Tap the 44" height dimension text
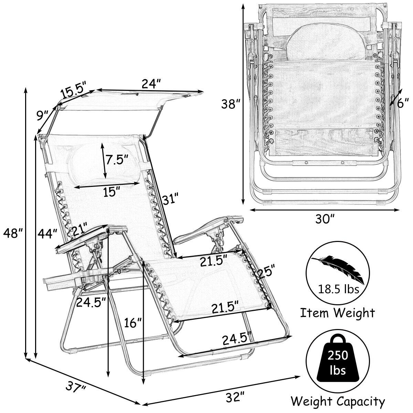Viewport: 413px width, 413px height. pos(47,234)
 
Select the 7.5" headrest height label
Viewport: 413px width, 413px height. pos(117,160)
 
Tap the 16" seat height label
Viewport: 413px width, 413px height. pos(133,323)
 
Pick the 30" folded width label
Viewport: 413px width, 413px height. pos(324,219)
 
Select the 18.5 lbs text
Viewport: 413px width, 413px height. pos(337,289)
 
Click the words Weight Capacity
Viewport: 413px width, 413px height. pos(337,401)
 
